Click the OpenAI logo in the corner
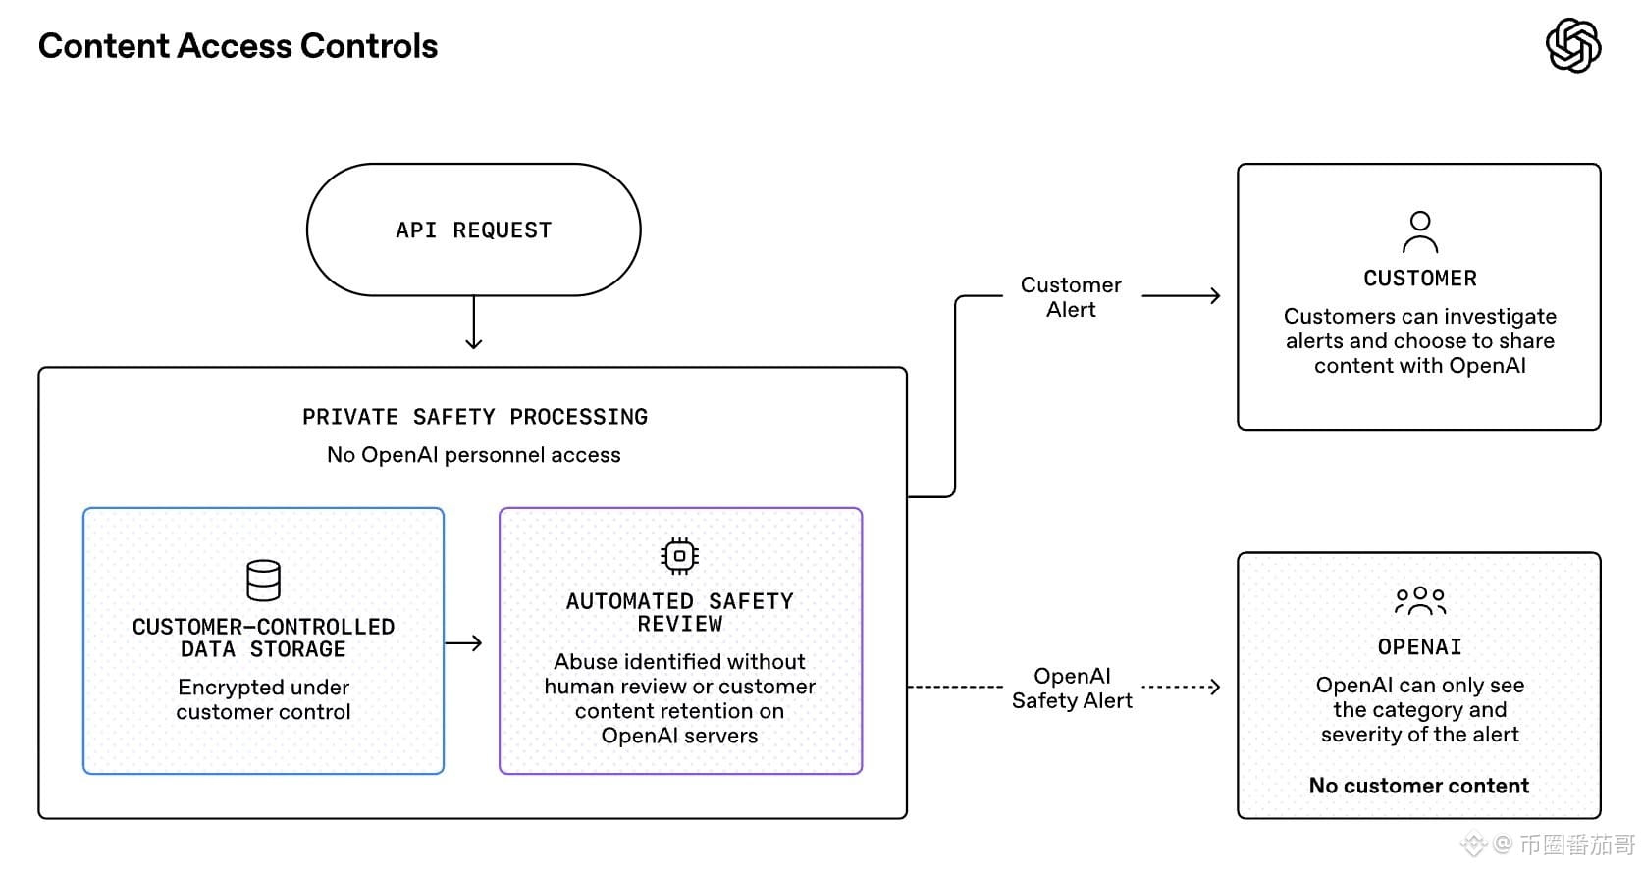click(1572, 45)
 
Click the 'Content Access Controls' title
click(238, 46)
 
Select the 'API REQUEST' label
click(474, 230)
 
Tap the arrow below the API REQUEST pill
click(474, 323)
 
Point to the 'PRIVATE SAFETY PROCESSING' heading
click(475, 417)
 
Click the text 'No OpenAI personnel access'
click(474, 455)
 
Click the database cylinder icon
click(263, 581)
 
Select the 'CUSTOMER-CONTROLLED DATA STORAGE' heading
click(263, 638)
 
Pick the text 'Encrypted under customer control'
click(263, 699)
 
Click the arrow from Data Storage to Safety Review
click(463, 643)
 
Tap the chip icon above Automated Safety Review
click(680, 556)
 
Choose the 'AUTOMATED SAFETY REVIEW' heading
click(680, 613)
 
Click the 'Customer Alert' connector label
click(1071, 297)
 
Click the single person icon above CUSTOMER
click(1420, 231)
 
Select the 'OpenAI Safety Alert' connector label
click(1072, 688)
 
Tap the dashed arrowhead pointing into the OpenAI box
click(1215, 687)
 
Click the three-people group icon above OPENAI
click(1420, 601)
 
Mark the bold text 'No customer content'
click(1419, 786)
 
